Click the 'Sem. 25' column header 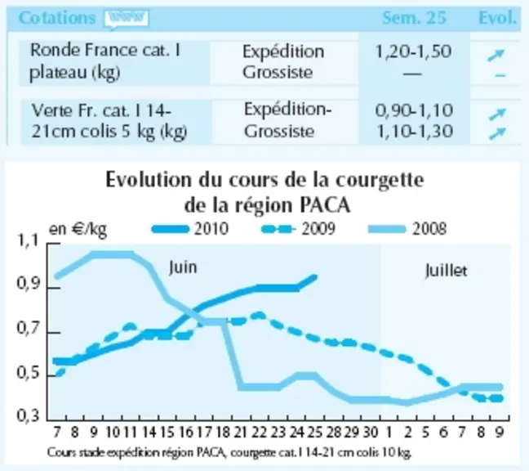(x=414, y=18)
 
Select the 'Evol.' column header (x=498, y=18)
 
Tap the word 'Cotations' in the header (x=57, y=18)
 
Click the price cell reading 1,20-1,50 (x=413, y=52)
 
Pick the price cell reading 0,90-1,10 (x=414, y=111)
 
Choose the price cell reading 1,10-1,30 (x=414, y=132)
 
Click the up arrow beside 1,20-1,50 (x=496, y=56)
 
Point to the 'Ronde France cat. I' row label (x=105, y=51)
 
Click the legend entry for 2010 (x=190, y=229)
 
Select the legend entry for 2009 (x=299, y=229)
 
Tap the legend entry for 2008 (x=407, y=229)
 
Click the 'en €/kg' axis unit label (x=78, y=230)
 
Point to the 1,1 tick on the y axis (x=28, y=241)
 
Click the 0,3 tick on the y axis (x=28, y=415)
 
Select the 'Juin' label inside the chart (x=183, y=267)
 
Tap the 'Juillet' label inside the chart (x=446, y=271)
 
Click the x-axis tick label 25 (x=314, y=432)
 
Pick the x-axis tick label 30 (x=370, y=432)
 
